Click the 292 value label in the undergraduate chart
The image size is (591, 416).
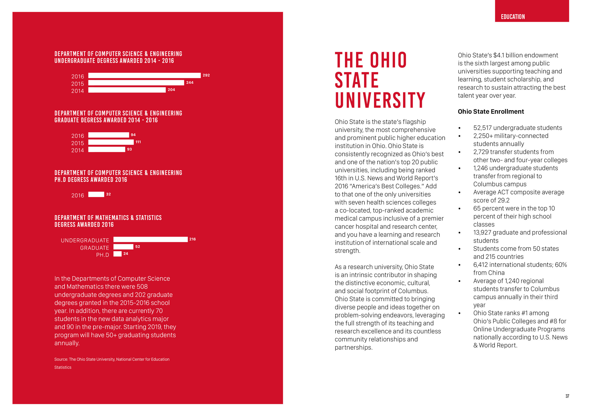tap(206, 75)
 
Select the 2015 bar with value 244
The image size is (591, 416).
tap(136, 83)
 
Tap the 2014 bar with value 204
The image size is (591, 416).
tap(127, 90)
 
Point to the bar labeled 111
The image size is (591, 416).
tap(111, 142)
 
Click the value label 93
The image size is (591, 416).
tap(130, 149)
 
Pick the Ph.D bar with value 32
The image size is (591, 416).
tap(96, 194)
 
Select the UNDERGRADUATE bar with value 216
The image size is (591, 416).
tap(151, 239)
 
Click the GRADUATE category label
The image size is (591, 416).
tap(95, 248)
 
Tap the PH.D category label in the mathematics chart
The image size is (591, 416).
tap(102, 255)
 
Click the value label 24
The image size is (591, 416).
tap(126, 254)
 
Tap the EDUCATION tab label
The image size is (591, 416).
tap(513, 17)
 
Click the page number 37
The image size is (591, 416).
tap(567, 396)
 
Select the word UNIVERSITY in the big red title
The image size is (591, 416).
tap(380, 100)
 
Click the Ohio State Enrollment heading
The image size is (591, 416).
tap(491, 112)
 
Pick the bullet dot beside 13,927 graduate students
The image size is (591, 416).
tap(460, 233)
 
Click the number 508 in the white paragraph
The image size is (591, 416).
tap(142, 287)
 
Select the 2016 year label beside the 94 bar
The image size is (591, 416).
tap(78, 136)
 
